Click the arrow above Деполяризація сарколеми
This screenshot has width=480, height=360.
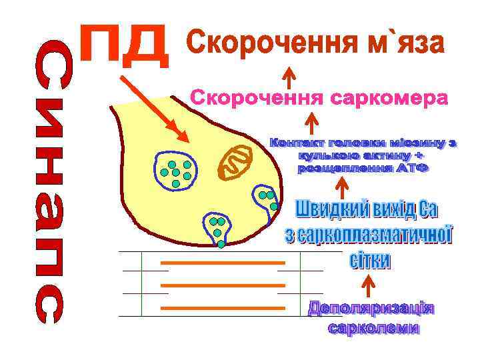pyautogui.click(x=365, y=286)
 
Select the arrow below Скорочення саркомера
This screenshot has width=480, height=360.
pyautogui.click(x=311, y=123)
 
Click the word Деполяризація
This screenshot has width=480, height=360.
pyautogui.click(x=371, y=310)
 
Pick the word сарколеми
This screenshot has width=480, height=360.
pyautogui.click(x=373, y=328)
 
